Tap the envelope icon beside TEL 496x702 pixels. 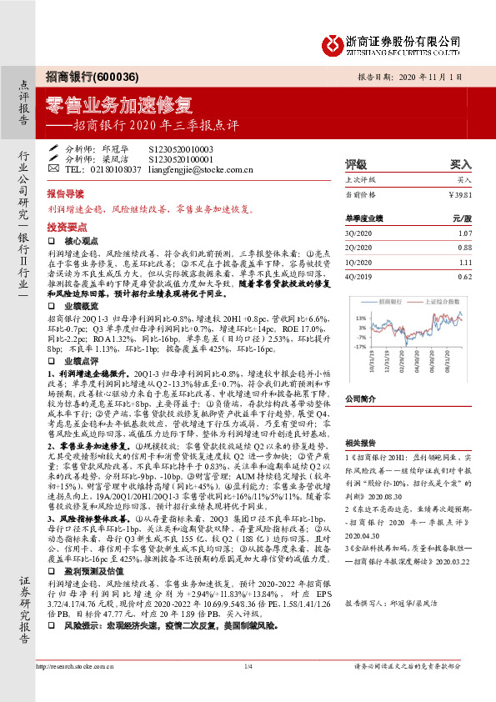coord(54,168)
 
